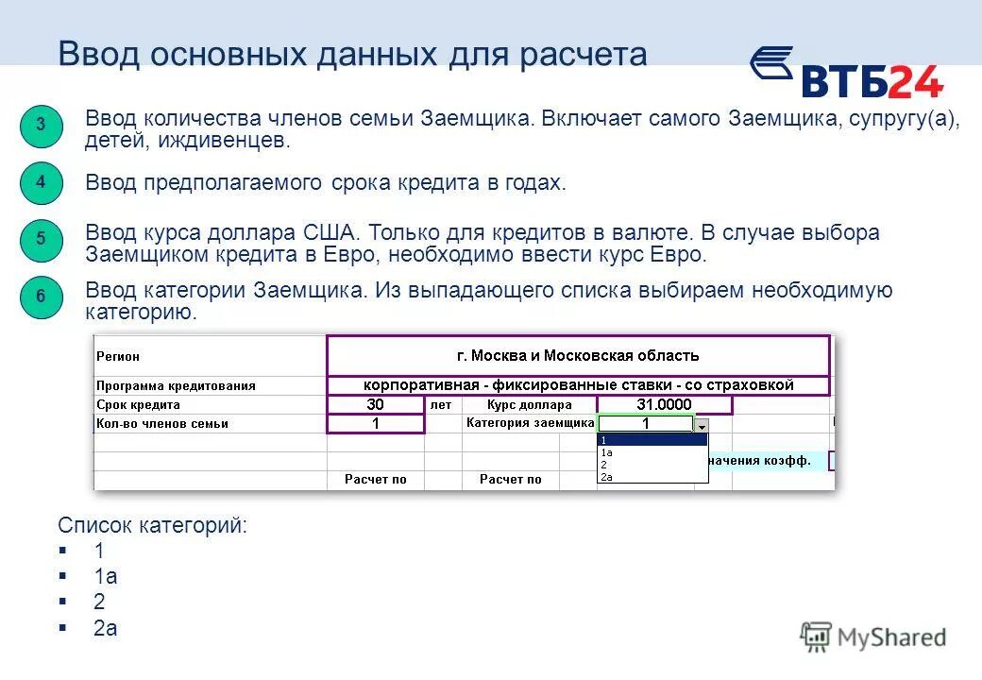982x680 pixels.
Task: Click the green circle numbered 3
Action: pyautogui.click(x=41, y=127)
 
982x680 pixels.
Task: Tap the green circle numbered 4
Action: pyautogui.click(x=41, y=182)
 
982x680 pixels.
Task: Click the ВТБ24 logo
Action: pyautogui.click(x=847, y=73)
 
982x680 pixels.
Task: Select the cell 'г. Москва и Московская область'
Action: pyautogui.click(x=578, y=356)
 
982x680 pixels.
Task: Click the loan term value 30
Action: pyautogui.click(x=375, y=404)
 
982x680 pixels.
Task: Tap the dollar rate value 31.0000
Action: pyautogui.click(x=664, y=404)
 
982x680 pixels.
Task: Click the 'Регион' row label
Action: pyautogui.click(x=118, y=357)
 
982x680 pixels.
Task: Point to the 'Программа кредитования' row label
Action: pyautogui.click(x=176, y=385)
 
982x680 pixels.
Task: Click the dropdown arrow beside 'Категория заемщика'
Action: pyautogui.click(x=701, y=425)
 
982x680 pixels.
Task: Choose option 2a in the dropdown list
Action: pyautogui.click(x=606, y=477)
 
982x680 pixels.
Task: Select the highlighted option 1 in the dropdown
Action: pyautogui.click(x=652, y=440)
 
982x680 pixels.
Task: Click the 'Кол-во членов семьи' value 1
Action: pyautogui.click(x=375, y=424)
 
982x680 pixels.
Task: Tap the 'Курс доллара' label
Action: pyautogui.click(x=529, y=404)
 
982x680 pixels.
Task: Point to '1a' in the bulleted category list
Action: pyautogui.click(x=105, y=576)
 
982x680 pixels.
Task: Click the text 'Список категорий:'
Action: pyautogui.click(x=152, y=525)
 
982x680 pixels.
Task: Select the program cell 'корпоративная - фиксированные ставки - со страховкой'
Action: pyautogui.click(x=578, y=385)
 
